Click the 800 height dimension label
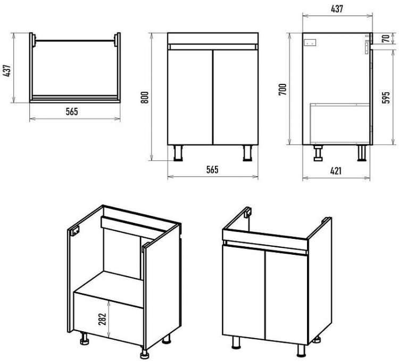(x=145, y=97)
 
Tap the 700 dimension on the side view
(x=282, y=89)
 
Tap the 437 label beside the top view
(x=7, y=71)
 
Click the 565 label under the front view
(x=212, y=170)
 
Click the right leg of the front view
(x=247, y=152)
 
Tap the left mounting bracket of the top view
(x=34, y=40)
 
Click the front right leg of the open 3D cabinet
(x=144, y=351)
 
